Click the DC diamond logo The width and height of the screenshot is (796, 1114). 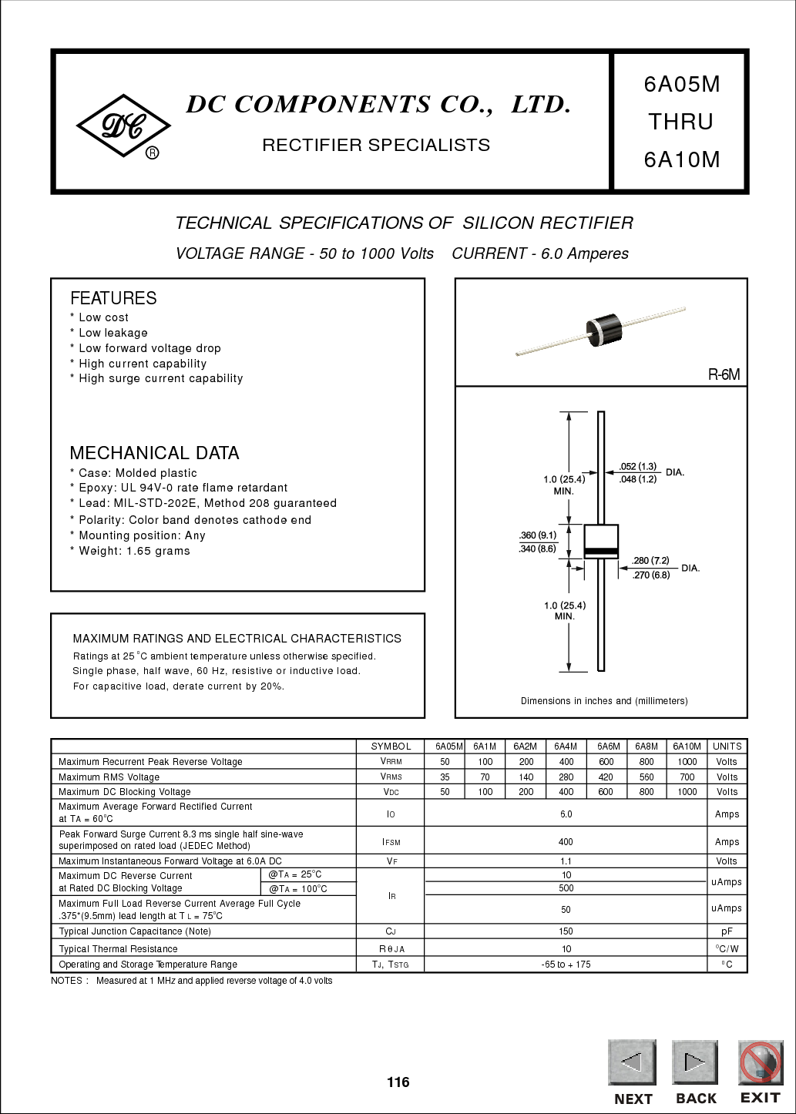pos(123,126)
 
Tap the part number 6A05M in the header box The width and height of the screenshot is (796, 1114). pos(682,85)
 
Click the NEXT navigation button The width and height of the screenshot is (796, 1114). pos(633,1062)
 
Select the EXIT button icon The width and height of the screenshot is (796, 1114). pos(761,1062)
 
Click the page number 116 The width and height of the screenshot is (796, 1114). pos(398,1082)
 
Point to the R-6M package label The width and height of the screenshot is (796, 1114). pos(724,374)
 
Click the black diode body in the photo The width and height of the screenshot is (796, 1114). pos(603,331)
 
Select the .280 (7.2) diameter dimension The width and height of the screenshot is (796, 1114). pos(650,561)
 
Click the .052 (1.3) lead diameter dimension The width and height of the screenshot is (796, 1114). pos(638,467)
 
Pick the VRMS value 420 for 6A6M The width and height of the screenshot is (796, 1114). pos(606,777)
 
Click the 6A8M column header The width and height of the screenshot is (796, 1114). pos(647,746)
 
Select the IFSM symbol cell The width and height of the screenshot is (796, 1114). pos(391,842)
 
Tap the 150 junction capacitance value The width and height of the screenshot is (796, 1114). pos(566,931)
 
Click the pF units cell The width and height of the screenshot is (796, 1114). pos(727,931)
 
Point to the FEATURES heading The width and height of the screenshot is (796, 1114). pos(113,298)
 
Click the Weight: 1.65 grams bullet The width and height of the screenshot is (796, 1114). pos(130,551)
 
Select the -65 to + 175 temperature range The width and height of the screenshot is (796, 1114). pos(566,965)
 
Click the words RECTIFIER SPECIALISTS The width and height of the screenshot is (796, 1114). pos(376,145)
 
